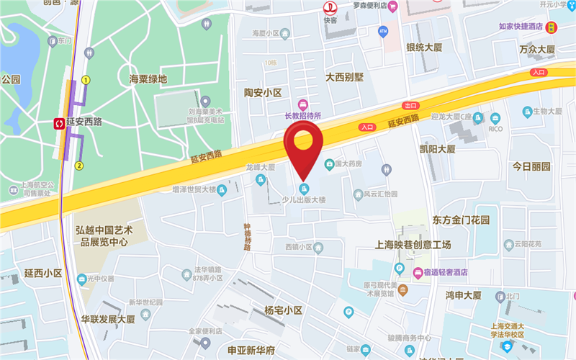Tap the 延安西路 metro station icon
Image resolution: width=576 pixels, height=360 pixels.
pos(58,122)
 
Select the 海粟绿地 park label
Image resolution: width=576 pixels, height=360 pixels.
pos(148,79)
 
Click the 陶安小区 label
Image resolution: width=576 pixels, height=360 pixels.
pos(262,93)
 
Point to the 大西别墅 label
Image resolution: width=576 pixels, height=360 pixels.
pos(346,76)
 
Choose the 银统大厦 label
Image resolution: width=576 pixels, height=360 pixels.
pos(424,48)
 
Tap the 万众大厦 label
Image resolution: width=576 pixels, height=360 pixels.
pos(538,50)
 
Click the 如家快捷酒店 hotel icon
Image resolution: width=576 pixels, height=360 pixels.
pos(551,27)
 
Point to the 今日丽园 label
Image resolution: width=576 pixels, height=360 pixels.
pos(531,166)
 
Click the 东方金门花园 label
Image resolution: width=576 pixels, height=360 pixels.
pos(462,220)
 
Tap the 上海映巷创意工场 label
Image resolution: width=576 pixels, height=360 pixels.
pos(413,245)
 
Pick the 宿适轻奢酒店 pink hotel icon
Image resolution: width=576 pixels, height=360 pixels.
pos(418,272)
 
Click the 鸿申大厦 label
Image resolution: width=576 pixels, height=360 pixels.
pos(463,295)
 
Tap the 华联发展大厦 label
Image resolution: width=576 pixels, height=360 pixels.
pos(109,318)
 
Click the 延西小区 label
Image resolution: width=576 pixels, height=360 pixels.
pos(43,274)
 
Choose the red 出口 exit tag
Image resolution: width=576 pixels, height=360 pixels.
pos(410,105)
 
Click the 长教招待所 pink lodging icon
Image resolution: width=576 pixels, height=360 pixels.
pos(303,105)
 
